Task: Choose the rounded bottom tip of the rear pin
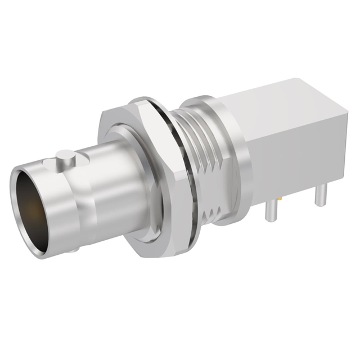tap(319, 205)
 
